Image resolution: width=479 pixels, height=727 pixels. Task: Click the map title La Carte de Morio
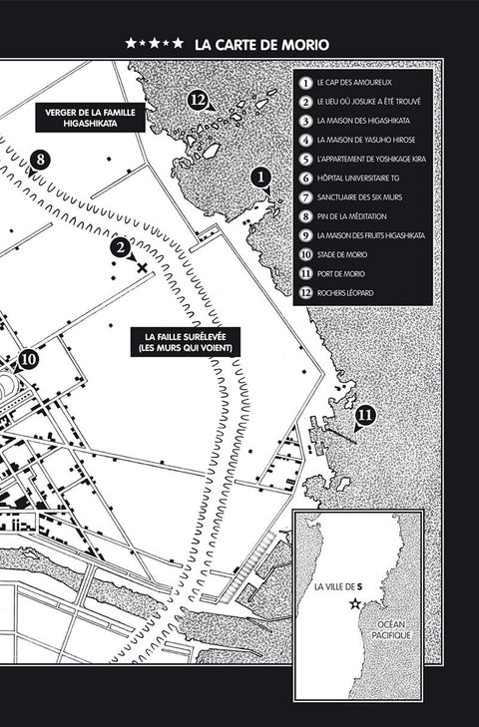click(x=261, y=45)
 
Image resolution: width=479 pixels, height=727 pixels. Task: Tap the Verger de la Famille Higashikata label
click(x=91, y=118)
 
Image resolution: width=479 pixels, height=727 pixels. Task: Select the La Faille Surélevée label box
click(x=186, y=342)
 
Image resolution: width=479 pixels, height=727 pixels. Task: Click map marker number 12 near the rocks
click(x=198, y=100)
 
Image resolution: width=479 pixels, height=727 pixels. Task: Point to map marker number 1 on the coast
click(x=260, y=178)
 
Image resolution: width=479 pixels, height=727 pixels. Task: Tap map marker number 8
click(x=40, y=160)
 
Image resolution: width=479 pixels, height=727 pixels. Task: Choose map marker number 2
click(x=120, y=247)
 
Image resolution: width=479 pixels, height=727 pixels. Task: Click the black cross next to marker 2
click(x=142, y=267)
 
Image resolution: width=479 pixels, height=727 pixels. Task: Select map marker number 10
click(x=28, y=360)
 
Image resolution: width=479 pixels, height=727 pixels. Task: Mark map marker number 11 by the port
click(x=366, y=415)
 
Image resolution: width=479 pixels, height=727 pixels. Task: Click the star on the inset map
click(x=355, y=603)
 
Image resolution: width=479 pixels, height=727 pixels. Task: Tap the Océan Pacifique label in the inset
click(x=391, y=630)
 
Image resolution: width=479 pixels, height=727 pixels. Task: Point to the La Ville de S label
click(x=338, y=587)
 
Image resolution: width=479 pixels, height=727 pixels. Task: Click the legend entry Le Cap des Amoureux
click(x=354, y=83)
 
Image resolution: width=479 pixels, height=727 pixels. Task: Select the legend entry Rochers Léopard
click(x=345, y=293)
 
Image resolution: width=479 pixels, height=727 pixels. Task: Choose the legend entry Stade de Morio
click(x=342, y=254)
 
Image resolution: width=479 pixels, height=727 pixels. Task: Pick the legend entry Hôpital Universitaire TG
click(x=358, y=179)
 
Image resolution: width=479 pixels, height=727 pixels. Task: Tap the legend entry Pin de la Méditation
click(x=352, y=216)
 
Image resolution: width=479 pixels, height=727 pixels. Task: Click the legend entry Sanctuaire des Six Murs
click(x=359, y=197)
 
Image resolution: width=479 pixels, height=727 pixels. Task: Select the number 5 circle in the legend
click(x=305, y=160)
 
